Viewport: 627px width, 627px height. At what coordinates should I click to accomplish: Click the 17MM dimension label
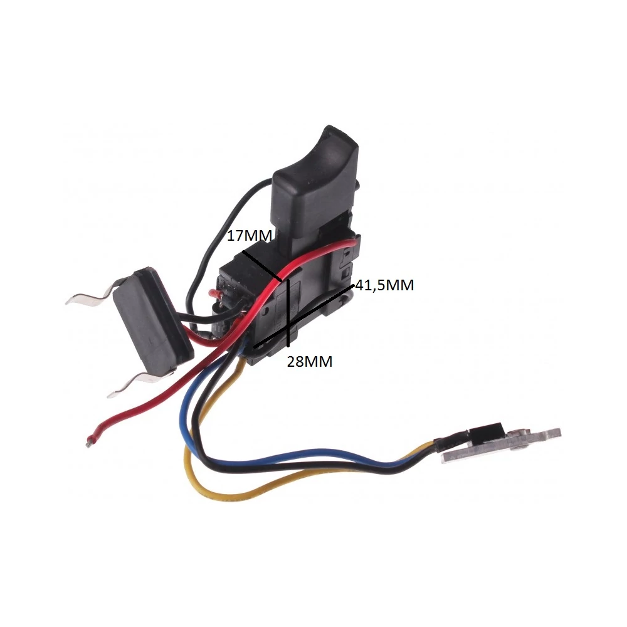(250, 236)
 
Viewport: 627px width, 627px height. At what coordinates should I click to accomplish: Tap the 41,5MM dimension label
(385, 285)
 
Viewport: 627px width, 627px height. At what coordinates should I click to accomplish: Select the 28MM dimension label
(310, 362)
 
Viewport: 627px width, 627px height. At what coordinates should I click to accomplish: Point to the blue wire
(280, 452)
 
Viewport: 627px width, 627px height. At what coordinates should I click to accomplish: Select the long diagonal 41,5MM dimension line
(305, 315)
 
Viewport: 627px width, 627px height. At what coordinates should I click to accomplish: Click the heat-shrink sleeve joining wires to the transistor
(452, 439)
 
